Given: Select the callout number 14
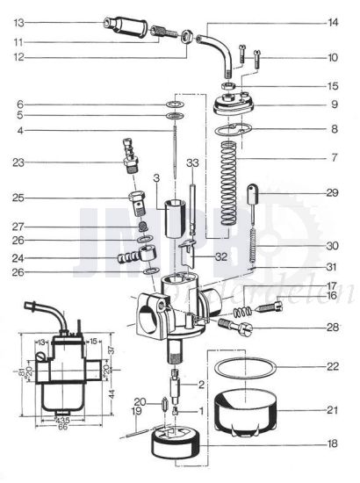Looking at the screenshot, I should [332, 22].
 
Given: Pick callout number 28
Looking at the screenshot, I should [332, 327].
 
